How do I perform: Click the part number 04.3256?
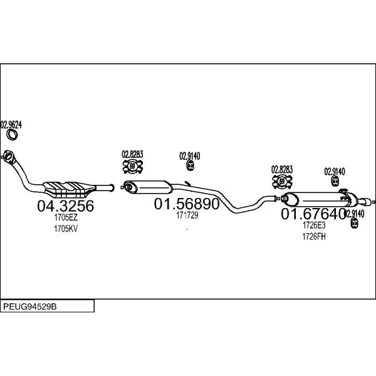(65, 206)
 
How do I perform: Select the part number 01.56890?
(187, 204)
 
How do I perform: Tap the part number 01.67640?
(313, 214)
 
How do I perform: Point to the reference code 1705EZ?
(66, 217)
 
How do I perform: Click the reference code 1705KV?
(66, 229)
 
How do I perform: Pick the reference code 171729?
(187, 215)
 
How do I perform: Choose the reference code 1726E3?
(314, 225)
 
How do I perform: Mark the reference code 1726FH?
(314, 236)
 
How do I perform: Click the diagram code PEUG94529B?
(29, 306)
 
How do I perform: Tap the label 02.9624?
(11, 125)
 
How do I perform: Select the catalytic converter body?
(69, 189)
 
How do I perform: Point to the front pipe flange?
(9, 157)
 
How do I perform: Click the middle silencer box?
(147, 187)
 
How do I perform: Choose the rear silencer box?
(320, 199)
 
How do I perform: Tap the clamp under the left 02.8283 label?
(132, 166)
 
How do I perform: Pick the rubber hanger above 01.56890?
(190, 165)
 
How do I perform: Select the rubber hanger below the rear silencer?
(354, 222)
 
